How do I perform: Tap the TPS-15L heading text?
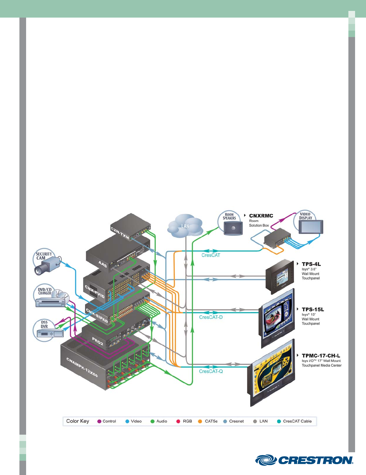coord(313,309)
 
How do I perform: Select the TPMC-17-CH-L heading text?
coord(321,355)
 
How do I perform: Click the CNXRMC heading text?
coord(261,216)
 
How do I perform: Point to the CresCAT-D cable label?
coord(211,317)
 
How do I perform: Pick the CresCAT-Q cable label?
coord(211,371)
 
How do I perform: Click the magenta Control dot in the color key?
coord(99,421)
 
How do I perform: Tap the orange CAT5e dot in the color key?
coord(200,421)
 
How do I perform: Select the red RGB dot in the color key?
coord(178,421)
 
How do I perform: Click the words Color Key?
coord(78,421)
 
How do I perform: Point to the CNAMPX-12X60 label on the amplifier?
coord(82,367)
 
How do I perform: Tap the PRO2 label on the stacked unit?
coord(98,342)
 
